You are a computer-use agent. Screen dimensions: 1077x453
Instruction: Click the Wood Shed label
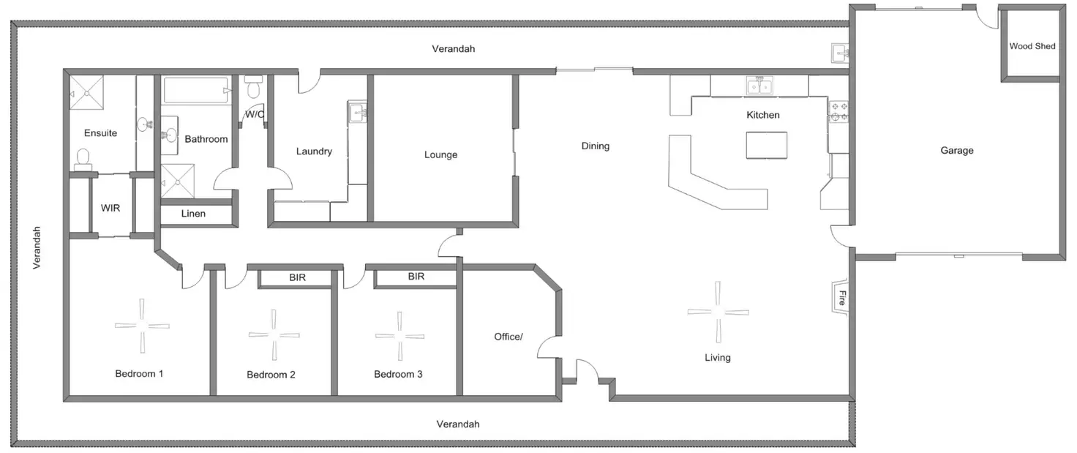click(1032, 46)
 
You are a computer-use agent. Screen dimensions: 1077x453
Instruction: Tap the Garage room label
click(957, 151)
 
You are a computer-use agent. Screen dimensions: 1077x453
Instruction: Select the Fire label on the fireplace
click(842, 298)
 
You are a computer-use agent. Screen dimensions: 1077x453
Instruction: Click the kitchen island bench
click(767, 145)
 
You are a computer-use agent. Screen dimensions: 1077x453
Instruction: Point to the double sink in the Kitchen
click(759, 86)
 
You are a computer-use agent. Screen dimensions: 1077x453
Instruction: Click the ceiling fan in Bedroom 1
click(143, 325)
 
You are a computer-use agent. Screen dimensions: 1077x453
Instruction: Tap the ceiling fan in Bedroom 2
click(274, 334)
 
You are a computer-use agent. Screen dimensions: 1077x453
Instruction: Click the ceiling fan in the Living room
click(718, 311)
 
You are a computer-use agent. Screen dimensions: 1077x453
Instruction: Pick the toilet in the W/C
click(254, 89)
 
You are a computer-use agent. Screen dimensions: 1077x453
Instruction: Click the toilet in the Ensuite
click(83, 158)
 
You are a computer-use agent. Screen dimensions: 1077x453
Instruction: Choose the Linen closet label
click(193, 214)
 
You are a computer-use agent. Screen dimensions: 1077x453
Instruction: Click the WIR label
click(110, 208)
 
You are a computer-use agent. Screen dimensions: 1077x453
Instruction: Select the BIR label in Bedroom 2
click(297, 278)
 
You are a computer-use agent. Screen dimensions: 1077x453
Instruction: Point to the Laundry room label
click(314, 151)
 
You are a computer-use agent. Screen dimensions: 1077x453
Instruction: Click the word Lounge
click(440, 155)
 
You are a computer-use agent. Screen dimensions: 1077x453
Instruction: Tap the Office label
click(509, 337)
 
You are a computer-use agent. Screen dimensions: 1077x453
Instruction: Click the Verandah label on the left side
click(37, 248)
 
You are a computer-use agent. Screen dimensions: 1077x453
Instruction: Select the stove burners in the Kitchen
click(838, 111)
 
